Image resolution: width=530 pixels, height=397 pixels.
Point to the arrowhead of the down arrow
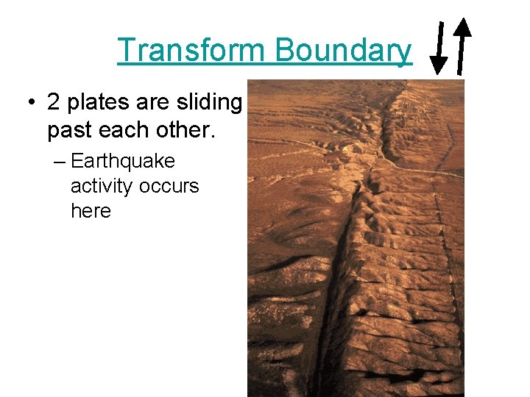438,65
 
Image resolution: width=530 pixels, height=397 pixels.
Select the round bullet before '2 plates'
31,103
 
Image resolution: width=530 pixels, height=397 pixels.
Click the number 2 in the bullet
54,103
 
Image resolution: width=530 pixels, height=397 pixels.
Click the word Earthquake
123,161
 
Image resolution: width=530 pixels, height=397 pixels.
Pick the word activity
101,186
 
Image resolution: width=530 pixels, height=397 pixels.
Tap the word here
91,211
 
